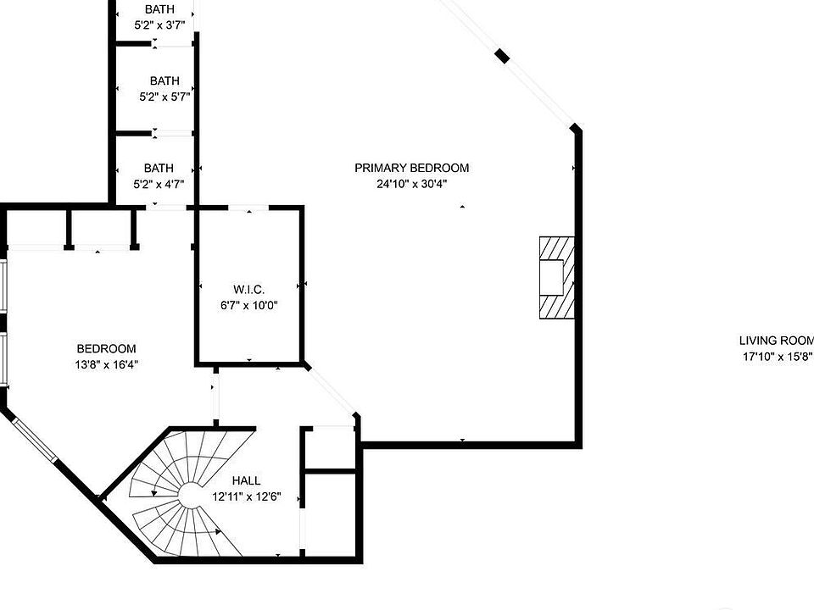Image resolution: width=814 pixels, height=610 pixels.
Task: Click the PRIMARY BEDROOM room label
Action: tap(411, 168)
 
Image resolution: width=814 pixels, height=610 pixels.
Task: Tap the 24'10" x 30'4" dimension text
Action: tap(411, 184)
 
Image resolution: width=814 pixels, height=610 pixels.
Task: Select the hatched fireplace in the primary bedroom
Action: tap(556, 277)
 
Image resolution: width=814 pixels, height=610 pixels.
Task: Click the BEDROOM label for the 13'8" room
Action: tap(106, 348)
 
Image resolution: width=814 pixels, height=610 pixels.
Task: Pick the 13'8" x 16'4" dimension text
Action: tap(106, 365)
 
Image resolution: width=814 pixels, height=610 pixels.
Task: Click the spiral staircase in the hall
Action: tap(182, 496)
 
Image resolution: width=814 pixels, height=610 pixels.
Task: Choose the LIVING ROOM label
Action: tap(776, 341)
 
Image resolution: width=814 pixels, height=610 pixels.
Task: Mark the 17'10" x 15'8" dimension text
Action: tap(776, 358)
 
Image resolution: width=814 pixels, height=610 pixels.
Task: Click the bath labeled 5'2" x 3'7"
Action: tap(159, 17)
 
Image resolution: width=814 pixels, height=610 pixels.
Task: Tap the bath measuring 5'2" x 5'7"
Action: tap(164, 89)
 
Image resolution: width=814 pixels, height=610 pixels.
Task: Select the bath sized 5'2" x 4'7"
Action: tap(159, 175)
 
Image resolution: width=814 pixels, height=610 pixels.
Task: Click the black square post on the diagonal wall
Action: tap(503, 57)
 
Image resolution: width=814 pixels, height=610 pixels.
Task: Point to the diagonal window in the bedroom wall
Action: tap(34, 437)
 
